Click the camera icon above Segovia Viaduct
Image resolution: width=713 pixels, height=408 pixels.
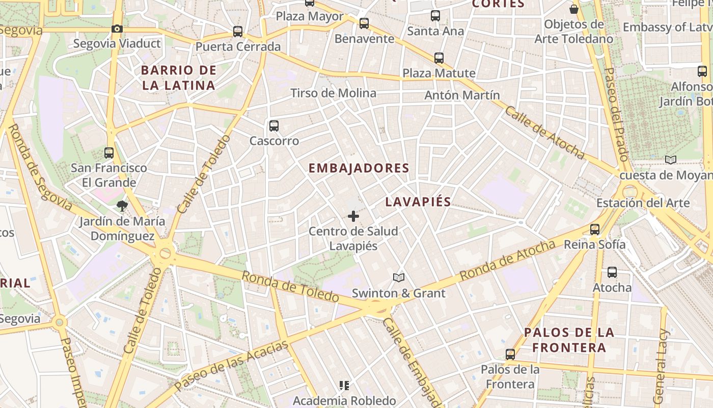pos(117,29)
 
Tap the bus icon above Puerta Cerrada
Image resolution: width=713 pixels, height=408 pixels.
pos(238,32)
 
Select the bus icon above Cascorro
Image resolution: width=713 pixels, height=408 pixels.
pos(274,125)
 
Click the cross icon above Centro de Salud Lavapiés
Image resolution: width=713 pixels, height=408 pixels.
pos(353,216)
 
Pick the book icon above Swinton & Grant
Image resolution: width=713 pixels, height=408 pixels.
pos(399,278)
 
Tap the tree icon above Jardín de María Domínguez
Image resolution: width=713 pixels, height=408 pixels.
pos(122,206)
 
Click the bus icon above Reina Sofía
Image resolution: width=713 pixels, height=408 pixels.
pos(595,229)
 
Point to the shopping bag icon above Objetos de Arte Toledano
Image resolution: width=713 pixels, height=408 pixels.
pos(574,9)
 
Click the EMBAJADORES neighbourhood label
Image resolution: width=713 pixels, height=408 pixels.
pos(359,168)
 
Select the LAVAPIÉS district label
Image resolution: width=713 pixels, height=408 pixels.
pos(418,202)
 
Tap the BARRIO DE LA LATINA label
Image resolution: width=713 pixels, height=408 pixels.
pos(179,78)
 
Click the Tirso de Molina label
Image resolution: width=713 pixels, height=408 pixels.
pos(333,93)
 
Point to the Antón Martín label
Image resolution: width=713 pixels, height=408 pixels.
pos(462,95)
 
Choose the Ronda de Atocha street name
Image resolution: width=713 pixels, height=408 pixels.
pos(507,260)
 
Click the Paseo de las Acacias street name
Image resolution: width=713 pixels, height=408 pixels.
pos(231,365)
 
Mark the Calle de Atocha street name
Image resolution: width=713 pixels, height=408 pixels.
pos(544,132)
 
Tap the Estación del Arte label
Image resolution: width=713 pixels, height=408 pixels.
pos(643,202)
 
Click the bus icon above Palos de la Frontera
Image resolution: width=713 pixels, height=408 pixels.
pos(510,354)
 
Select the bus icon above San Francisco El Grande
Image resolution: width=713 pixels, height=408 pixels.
pos(109,152)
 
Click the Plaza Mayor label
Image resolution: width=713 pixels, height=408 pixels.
pos(310,16)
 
